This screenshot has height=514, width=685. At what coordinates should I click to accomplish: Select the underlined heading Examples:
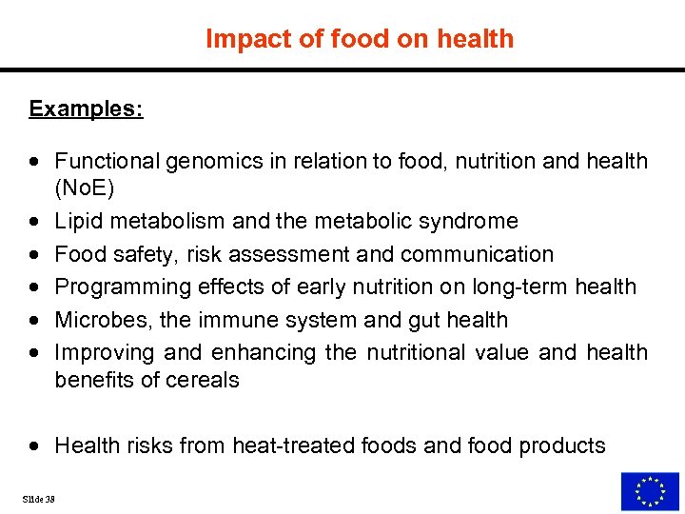coord(86,109)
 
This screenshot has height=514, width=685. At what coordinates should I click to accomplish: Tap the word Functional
coord(107,162)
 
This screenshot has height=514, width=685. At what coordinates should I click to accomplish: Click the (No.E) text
coord(84,188)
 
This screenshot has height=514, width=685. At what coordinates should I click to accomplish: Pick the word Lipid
coord(76,222)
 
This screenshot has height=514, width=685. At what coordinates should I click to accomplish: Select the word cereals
coord(206,380)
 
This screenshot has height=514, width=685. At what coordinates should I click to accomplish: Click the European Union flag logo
coord(650,491)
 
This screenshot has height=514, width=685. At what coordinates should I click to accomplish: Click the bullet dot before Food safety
coord(35,255)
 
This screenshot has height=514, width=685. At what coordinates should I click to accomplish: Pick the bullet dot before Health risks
coord(35,446)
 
